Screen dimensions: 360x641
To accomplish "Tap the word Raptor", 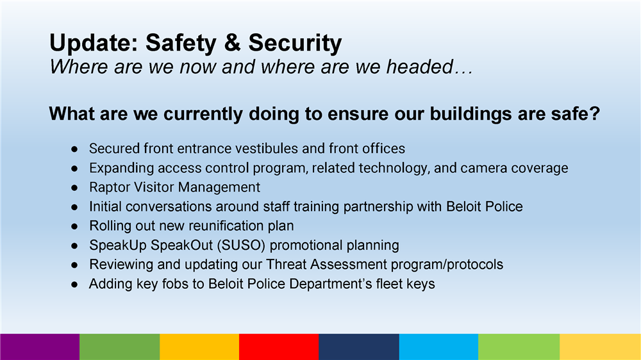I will [108, 187].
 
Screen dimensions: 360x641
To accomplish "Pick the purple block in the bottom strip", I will [40, 347].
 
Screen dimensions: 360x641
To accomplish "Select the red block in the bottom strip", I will [279, 347].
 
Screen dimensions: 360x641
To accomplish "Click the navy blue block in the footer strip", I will [358, 347].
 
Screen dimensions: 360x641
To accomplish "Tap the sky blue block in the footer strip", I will [438, 347].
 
